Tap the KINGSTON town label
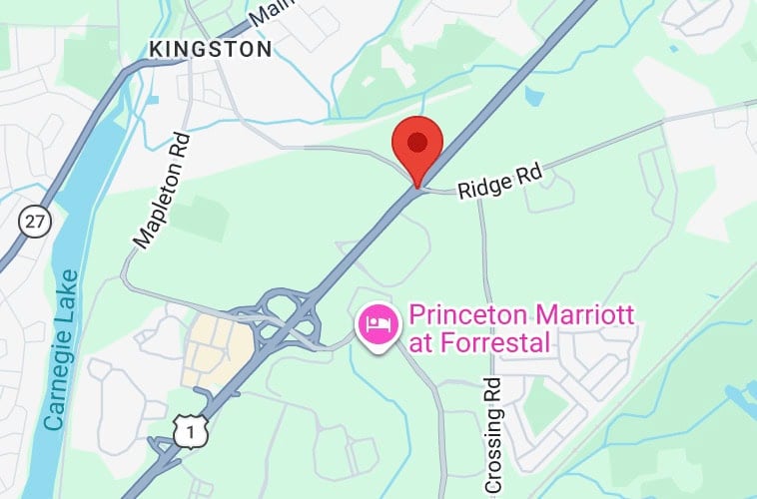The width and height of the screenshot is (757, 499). coord(209,48)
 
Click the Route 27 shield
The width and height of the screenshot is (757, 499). coord(36,223)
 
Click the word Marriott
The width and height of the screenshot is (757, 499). coord(588,317)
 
